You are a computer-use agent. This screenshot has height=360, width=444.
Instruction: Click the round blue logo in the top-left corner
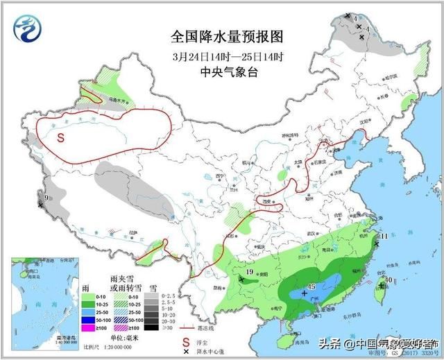pyautogui.click(x=28, y=30)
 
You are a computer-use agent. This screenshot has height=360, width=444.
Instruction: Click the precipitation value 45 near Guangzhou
pyautogui.click(x=311, y=287)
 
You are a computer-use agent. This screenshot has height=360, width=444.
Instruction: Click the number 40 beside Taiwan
pyautogui.click(x=389, y=280)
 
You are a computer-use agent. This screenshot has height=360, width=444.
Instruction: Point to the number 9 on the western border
pyautogui.click(x=46, y=199)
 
